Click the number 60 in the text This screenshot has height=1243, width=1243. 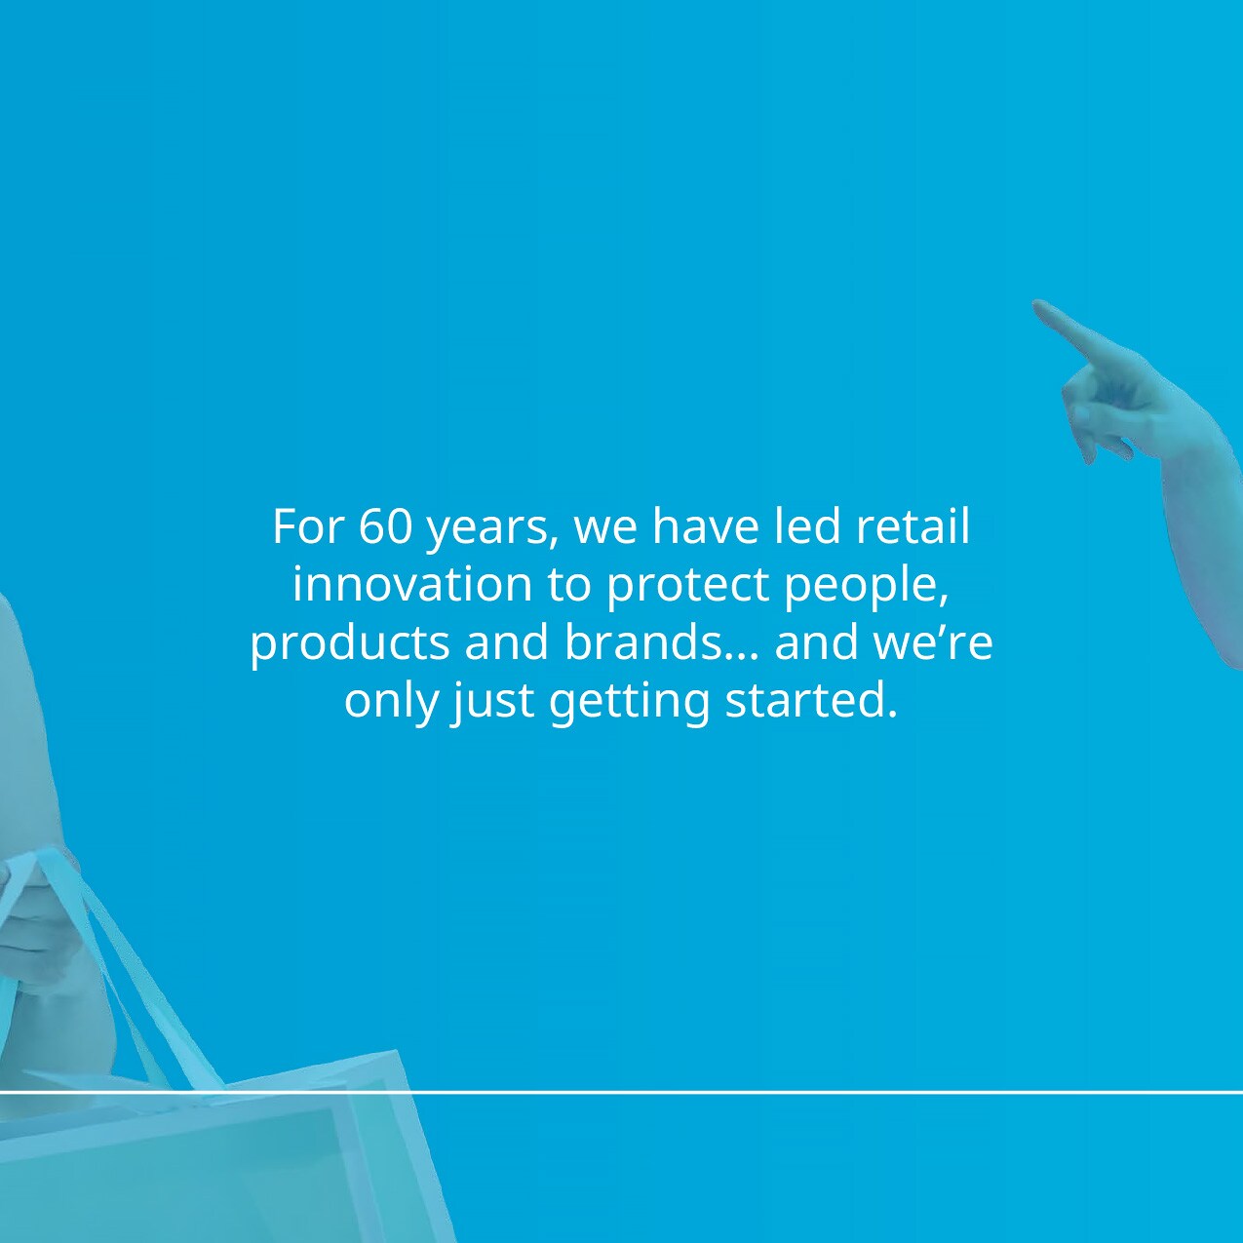[386, 527]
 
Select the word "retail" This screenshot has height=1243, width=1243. [913, 526]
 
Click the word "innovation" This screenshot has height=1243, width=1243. [412, 585]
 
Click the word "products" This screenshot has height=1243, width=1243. [348, 643]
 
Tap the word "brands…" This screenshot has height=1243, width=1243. [662, 643]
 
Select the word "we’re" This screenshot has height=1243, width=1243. [933, 643]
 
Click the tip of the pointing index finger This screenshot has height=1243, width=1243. [1039, 307]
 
